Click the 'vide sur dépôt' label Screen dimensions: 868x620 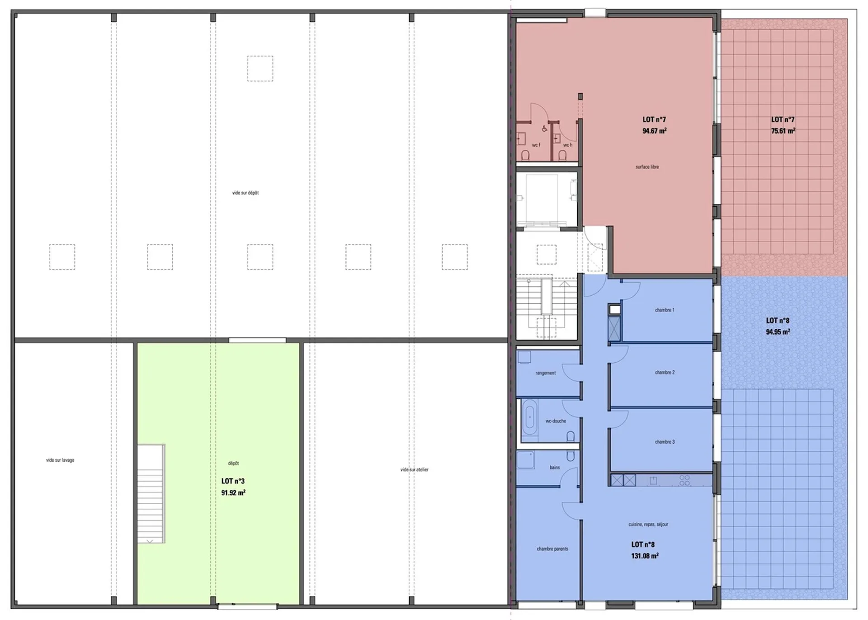[x=245, y=193]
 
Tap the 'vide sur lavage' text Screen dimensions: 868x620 [x=60, y=460]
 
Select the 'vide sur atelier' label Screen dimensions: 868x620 [x=414, y=469]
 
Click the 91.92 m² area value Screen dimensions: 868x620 [x=233, y=492]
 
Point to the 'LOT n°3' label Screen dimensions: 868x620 [x=233, y=481]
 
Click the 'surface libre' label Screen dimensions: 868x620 [x=647, y=167]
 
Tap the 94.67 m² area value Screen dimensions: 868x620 [x=654, y=131]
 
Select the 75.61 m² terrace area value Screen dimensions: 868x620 [x=783, y=131]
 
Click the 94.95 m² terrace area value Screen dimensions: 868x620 [x=778, y=331]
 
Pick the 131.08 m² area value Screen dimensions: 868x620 [x=645, y=556]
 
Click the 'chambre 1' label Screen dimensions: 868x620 [x=665, y=310]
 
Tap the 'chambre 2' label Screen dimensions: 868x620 [x=665, y=373]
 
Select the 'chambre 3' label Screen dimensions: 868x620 [x=665, y=442]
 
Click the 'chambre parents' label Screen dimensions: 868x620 [x=552, y=549]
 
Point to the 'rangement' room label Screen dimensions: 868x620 [x=546, y=373]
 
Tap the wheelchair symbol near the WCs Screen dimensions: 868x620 [x=544, y=129]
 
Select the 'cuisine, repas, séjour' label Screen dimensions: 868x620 [x=648, y=525]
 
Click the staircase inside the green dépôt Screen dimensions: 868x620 [x=151, y=493]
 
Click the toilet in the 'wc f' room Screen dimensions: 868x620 [x=525, y=155]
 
